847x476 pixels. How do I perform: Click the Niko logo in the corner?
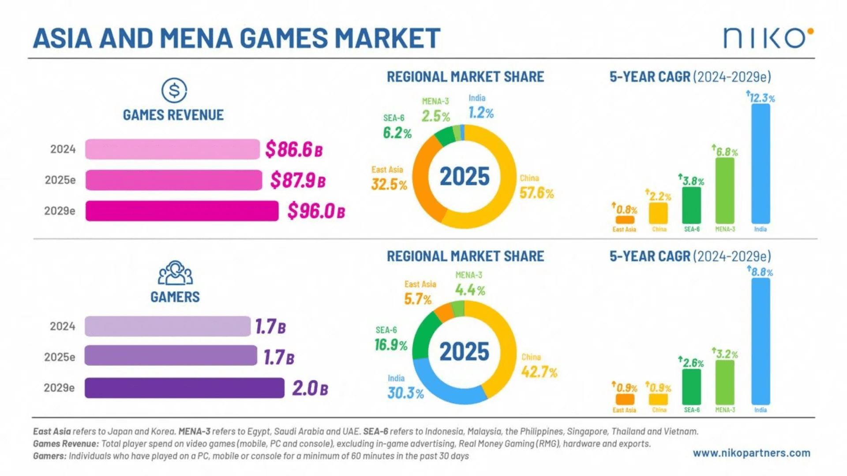pyautogui.click(x=768, y=38)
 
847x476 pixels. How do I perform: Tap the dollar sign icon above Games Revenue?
pyautogui.click(x=174, y=90)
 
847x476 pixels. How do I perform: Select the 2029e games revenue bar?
pyautogui.click(x=182, y=211)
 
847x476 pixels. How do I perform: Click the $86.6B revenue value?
pyautogui.click(x=294, y=149)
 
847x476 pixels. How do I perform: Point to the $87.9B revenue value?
pyautogui.click(x=298, y=180)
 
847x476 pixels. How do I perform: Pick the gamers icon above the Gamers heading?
pyautogui.click(x=175, y=273)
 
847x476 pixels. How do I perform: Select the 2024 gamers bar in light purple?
pyautogui.click(x=168, y=326)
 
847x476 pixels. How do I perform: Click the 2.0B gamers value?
pyautogui.click(x=310, y=388)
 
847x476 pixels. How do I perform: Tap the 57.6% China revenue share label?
pyautogui.click(x=536, y=193)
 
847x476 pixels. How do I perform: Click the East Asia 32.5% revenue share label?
pyautogui.click(x=389, y=184)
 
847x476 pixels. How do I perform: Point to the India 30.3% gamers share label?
pyautogui.click(x=405, y=393)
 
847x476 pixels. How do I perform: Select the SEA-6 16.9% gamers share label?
pyautogui.click(x=390, y=345)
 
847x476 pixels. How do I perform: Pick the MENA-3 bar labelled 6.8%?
pyautogui.click(x=725, y=190)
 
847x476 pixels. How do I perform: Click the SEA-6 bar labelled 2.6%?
pyautogui.click(x=691, y=387)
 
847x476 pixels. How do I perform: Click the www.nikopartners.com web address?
pyautogui.click(x=751, y=453)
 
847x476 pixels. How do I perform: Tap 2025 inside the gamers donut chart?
pyautogui.click(x=464, y=352)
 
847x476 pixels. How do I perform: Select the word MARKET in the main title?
pyautogui.click(x=388, y=38)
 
